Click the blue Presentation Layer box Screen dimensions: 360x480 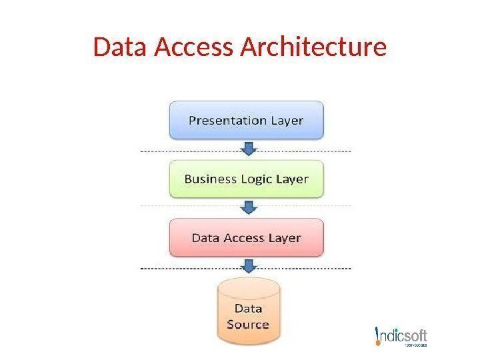click(x=246, y=120)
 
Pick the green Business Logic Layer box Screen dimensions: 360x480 click(x=246, y=179)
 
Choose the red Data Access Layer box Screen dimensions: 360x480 click(x=246, y=237)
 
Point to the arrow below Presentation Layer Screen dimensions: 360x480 click(x=248, y=148)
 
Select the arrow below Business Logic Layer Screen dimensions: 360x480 click(x=248, y=207)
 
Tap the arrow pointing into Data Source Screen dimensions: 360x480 click(x=248, y=266)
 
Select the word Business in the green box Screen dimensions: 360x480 click(x=209, y=179)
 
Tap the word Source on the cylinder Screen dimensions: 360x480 click(x=248, y=325)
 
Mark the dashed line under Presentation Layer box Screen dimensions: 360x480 click(x=300, y=152)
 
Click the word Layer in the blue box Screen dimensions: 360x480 click(x=287, y=121)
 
